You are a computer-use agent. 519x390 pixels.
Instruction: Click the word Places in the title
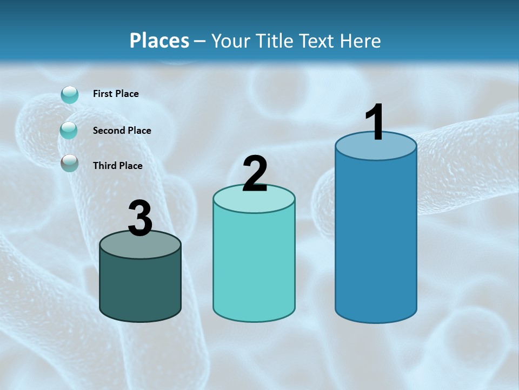tap(159, 41)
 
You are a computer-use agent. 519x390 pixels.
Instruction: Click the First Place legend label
tap(116, 94)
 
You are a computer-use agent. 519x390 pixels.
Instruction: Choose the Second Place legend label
tap(122, 130)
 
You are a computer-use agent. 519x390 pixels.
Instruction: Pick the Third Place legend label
tap(117, 166)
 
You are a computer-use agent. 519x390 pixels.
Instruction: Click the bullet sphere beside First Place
tap(70, 95)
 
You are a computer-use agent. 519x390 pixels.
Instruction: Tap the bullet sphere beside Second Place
tap(69, 130)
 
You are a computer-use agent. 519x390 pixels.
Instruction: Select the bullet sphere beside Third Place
tap(69, 163)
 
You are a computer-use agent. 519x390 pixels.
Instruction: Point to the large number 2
tap(255, 174)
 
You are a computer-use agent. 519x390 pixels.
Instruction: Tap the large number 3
tap(141, 218)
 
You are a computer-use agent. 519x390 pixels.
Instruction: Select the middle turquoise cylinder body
tap(254, 265)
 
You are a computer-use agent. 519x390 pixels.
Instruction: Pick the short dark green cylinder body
tap(141, 287)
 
